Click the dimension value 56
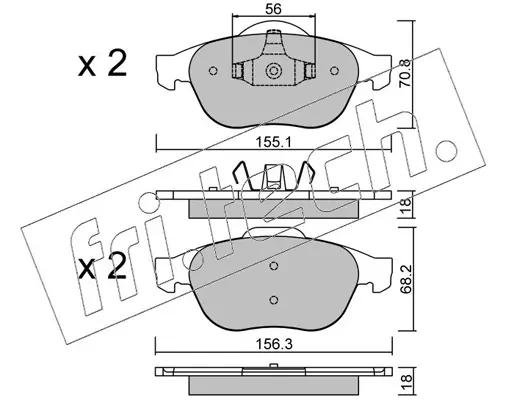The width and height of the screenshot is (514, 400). (273, 9)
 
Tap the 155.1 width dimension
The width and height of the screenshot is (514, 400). (273, 143)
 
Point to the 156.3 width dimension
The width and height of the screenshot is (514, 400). (273, 344)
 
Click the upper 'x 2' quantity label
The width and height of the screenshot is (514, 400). (102, 64)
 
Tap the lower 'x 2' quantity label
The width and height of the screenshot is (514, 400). (102, 266)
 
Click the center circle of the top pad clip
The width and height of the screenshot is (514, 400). (273, 71)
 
